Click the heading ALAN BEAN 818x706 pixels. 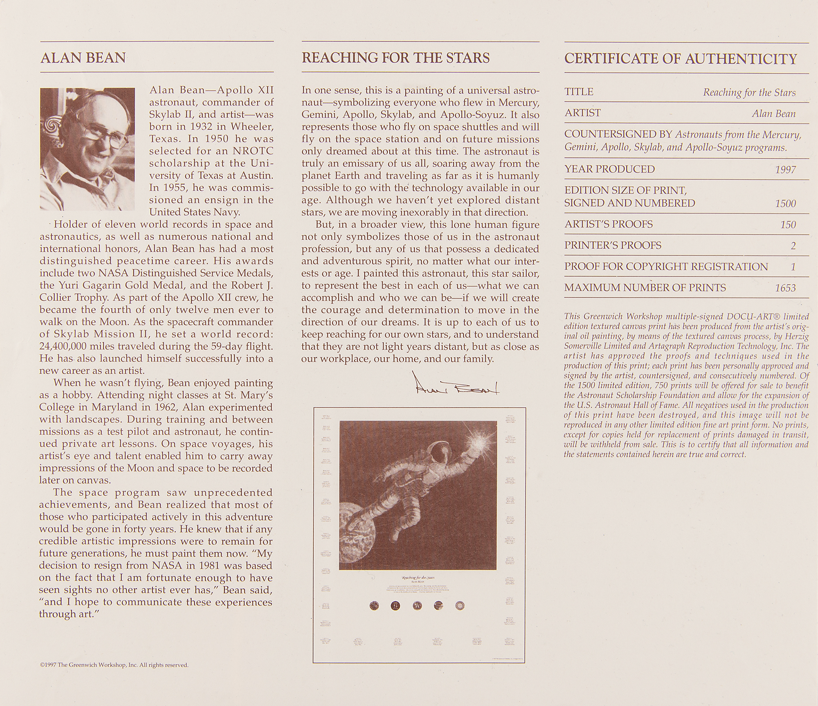tap(83, 58)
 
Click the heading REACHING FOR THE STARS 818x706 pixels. tap(396, 58)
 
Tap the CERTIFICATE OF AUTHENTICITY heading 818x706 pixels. tap(681, 59)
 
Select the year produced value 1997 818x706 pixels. tap(785, 169)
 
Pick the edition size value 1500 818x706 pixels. tap(785, 204)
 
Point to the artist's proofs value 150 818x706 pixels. tap(788, 225)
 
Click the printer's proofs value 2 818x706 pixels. tap(793, 246)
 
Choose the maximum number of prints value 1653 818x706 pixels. tap(785, 288)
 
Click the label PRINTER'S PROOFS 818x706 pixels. tap(613, 245)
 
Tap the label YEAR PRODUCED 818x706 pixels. tap(609, 169)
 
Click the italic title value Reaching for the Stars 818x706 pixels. tap(749, 92)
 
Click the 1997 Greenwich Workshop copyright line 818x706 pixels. tap(114, 665)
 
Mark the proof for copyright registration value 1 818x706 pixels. tap(793, 267)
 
